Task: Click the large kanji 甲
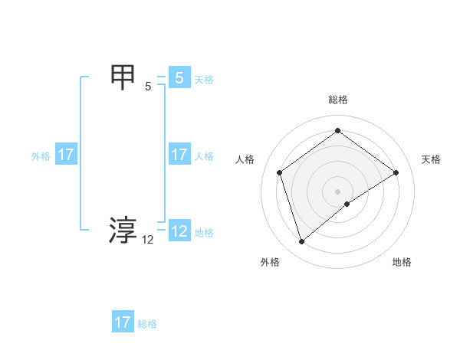123,77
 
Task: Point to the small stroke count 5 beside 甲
148,87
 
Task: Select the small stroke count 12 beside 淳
148,240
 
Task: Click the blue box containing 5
179,77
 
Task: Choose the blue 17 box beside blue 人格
179,155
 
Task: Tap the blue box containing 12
179,231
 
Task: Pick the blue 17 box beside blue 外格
65,155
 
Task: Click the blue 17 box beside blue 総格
123,322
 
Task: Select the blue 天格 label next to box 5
204,79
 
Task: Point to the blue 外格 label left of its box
41,156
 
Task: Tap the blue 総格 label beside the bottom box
147,324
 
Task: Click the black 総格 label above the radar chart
338,100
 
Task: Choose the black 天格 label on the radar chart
431,159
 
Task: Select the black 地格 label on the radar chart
402,262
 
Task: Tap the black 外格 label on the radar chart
270,262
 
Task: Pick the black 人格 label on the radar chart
245,159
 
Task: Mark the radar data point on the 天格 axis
396,172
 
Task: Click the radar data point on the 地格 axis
347,204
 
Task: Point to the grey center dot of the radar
337,191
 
